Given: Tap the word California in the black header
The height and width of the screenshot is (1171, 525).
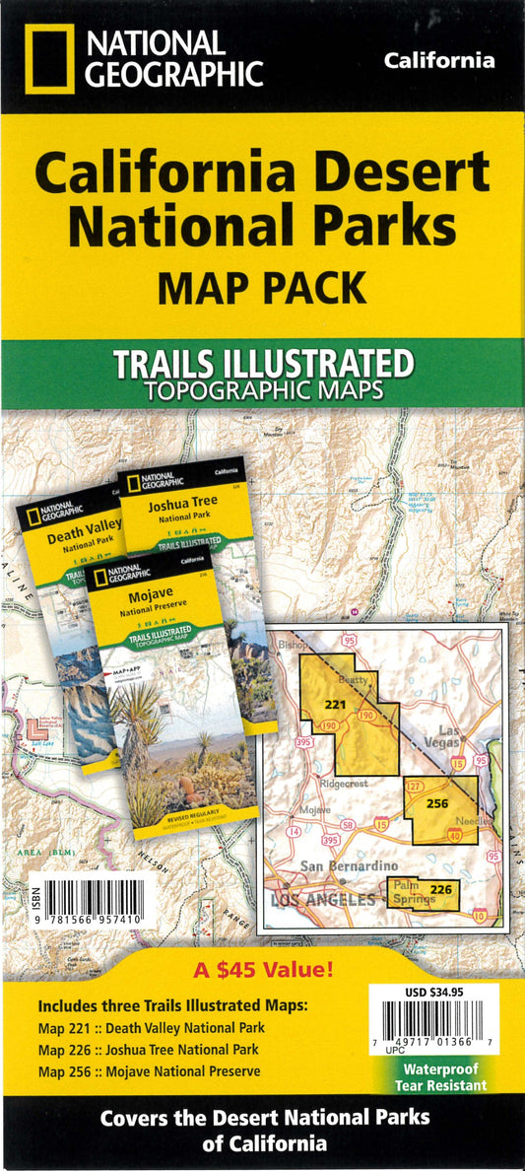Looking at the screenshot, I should coord(439,61).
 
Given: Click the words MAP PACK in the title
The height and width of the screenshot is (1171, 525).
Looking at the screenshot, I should coord(262,288).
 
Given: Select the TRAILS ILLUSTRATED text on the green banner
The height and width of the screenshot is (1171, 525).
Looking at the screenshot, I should coord(263,363).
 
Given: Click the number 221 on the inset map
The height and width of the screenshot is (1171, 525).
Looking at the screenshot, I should coord(336,705).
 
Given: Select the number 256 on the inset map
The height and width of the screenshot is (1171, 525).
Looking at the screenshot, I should coord(437,802).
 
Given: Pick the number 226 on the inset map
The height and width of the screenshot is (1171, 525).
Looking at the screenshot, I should coord(442,889).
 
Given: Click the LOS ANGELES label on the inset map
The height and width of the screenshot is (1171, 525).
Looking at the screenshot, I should coord(323,899).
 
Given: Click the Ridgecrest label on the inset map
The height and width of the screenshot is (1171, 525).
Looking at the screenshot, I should coord(344,784).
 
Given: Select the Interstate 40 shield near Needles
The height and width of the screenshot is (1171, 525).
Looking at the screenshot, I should coord(454,836).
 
